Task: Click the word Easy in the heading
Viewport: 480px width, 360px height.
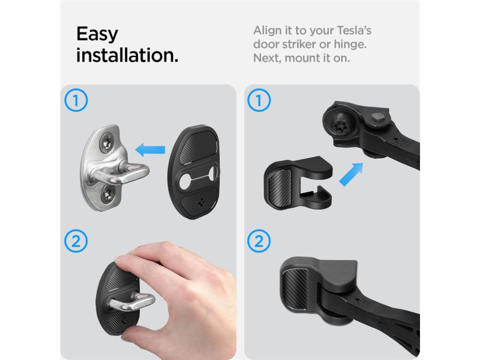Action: tap(97, 34)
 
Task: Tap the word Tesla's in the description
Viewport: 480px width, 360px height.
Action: tap(354, 30)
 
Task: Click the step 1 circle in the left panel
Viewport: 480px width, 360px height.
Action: tap(76, 100)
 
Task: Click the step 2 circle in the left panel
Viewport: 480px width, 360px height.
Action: tap(76, 241)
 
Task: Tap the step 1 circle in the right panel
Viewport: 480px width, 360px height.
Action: tap(259, 100)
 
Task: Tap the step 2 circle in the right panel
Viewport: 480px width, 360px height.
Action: tap(259, 241)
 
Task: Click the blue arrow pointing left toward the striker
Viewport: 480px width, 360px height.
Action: tap(150, 150)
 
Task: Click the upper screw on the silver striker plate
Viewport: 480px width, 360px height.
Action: tap(108, 142)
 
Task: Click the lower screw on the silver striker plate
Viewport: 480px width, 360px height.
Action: tap(108, 193)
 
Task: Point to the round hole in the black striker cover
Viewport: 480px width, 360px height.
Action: tap(186, 181)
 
